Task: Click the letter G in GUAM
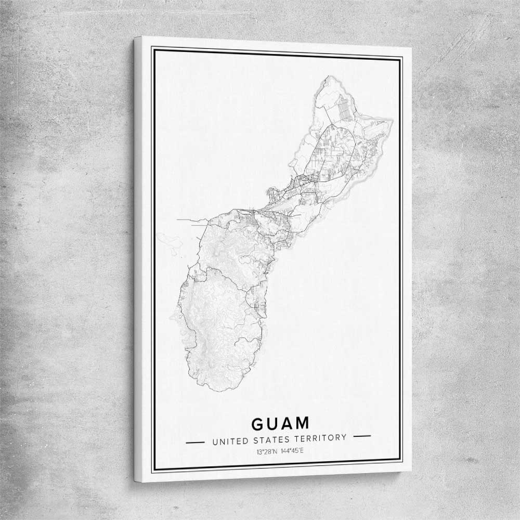(x=259, y=423)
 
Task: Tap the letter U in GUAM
(x=274, y=423)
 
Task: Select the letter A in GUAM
(x=289, y=423)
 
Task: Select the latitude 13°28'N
(x=267, y=450)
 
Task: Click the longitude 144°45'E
(x=292, y=450)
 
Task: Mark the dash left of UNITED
(x=196, y=443)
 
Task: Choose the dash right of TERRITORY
(x=361, y=436)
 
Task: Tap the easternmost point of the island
(x=393, y=120)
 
